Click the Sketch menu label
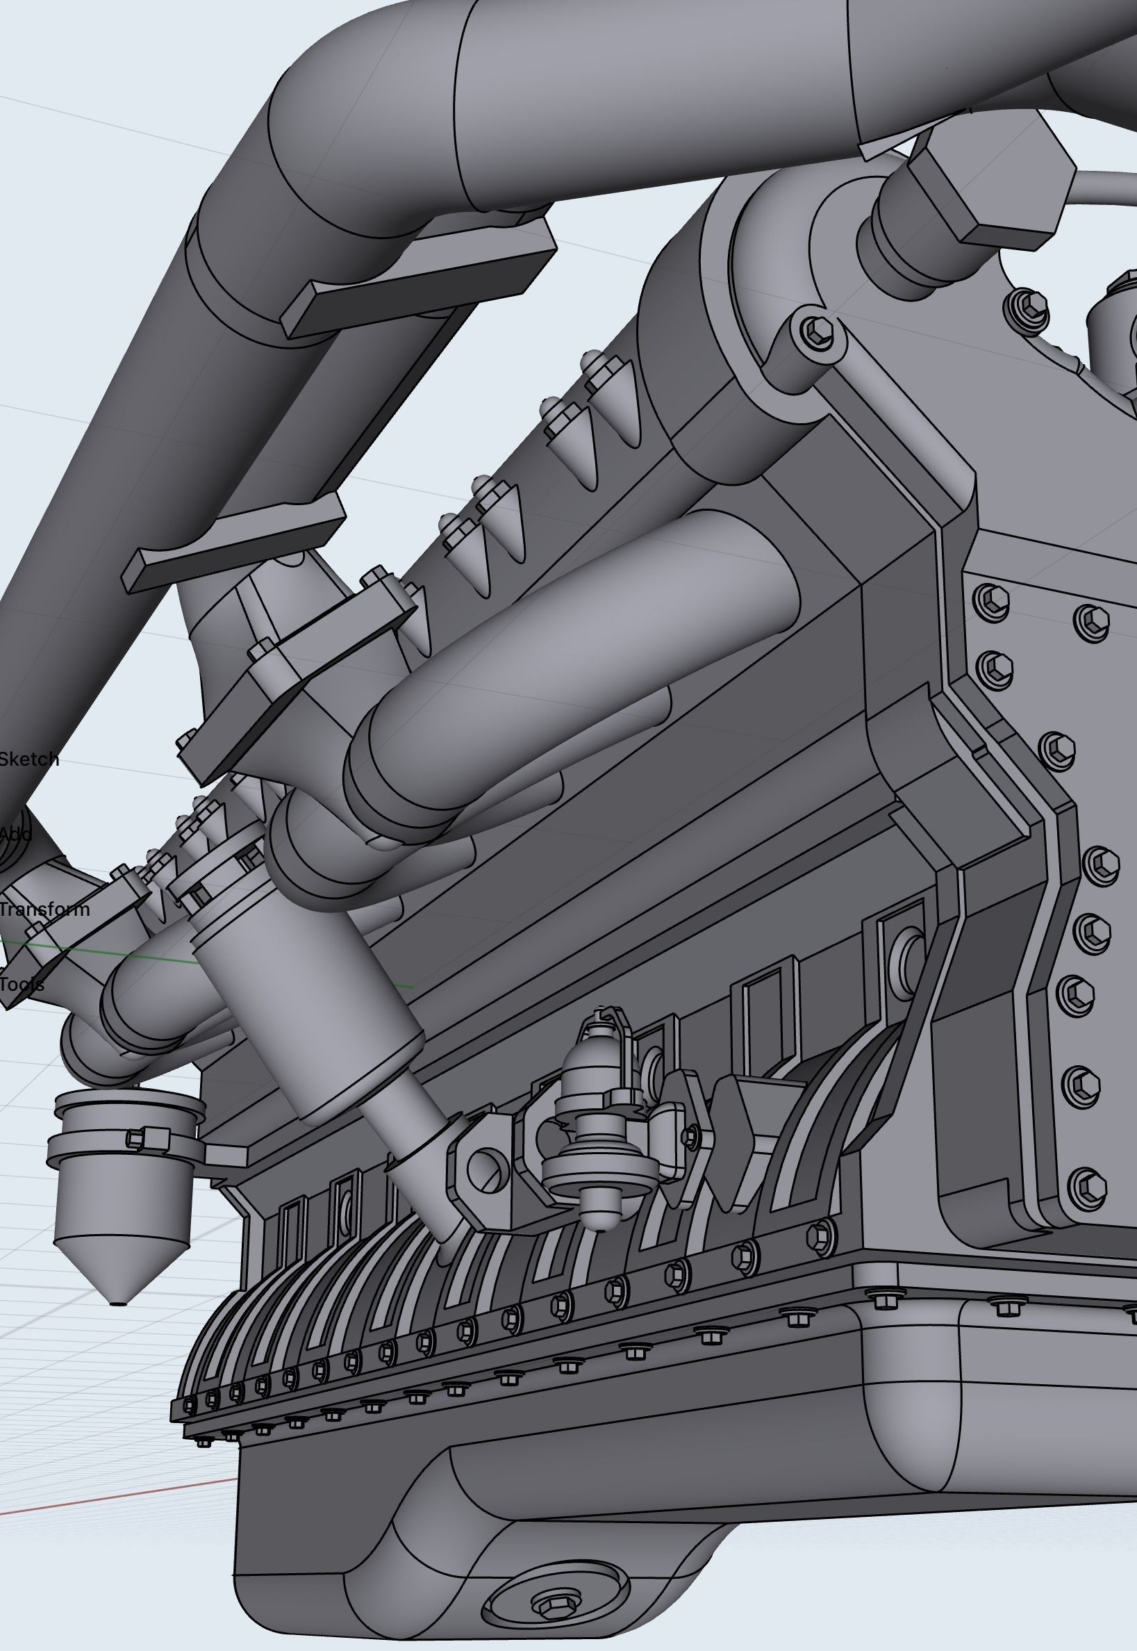[28, 759]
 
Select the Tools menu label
[22, 985]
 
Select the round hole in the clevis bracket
[483, 1169]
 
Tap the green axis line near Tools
[107, 951]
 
